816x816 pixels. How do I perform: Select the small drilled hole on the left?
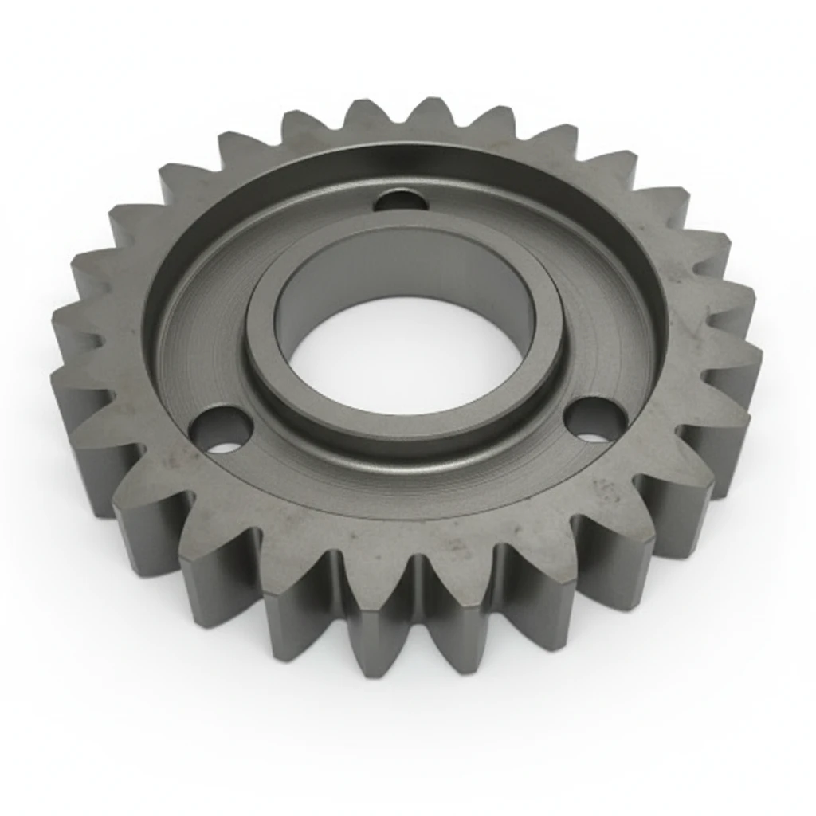[x=221, y=430]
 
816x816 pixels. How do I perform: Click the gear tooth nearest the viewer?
[x=375, y=630]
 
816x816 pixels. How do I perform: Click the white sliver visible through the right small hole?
[x=591, y=437]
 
